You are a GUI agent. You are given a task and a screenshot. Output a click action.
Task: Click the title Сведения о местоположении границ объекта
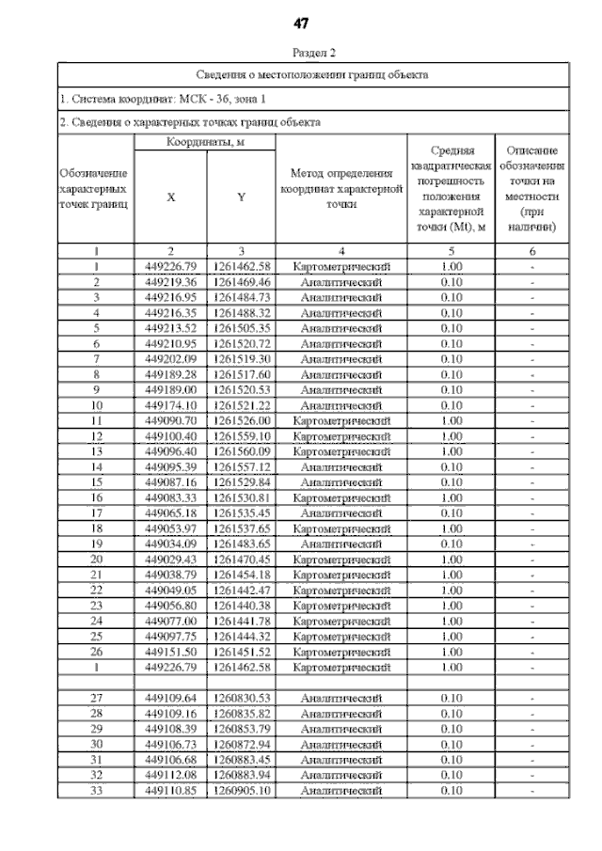click(312, 73)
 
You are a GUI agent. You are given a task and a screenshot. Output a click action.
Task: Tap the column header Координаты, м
click(205, 141)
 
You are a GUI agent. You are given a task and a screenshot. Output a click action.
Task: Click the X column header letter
click(170, 197)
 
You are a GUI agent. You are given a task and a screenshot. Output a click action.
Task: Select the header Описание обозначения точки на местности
click(531, 189)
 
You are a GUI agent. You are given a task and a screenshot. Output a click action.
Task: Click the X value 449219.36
click(170, 282)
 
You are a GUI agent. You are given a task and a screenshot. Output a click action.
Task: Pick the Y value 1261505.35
click(242, 327)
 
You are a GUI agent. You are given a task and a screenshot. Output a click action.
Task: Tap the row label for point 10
click(97, 404)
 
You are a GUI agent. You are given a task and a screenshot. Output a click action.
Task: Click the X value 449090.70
click(170, 420)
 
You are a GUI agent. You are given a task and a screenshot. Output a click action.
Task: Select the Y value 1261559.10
click(242, 435)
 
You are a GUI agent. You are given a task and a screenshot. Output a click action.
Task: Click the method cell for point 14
click(341, 466)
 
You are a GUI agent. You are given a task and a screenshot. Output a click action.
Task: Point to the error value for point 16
click(451, 497)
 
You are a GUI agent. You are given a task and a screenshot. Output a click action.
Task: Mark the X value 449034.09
click(170, 544)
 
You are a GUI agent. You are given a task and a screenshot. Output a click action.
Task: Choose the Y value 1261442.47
click(242, 590)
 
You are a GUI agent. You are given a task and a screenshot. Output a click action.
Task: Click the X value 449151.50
click(170, 651)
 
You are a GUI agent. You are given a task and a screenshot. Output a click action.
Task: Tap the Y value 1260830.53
click(242, 699)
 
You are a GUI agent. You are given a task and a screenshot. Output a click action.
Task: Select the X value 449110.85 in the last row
click(170, 791)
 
